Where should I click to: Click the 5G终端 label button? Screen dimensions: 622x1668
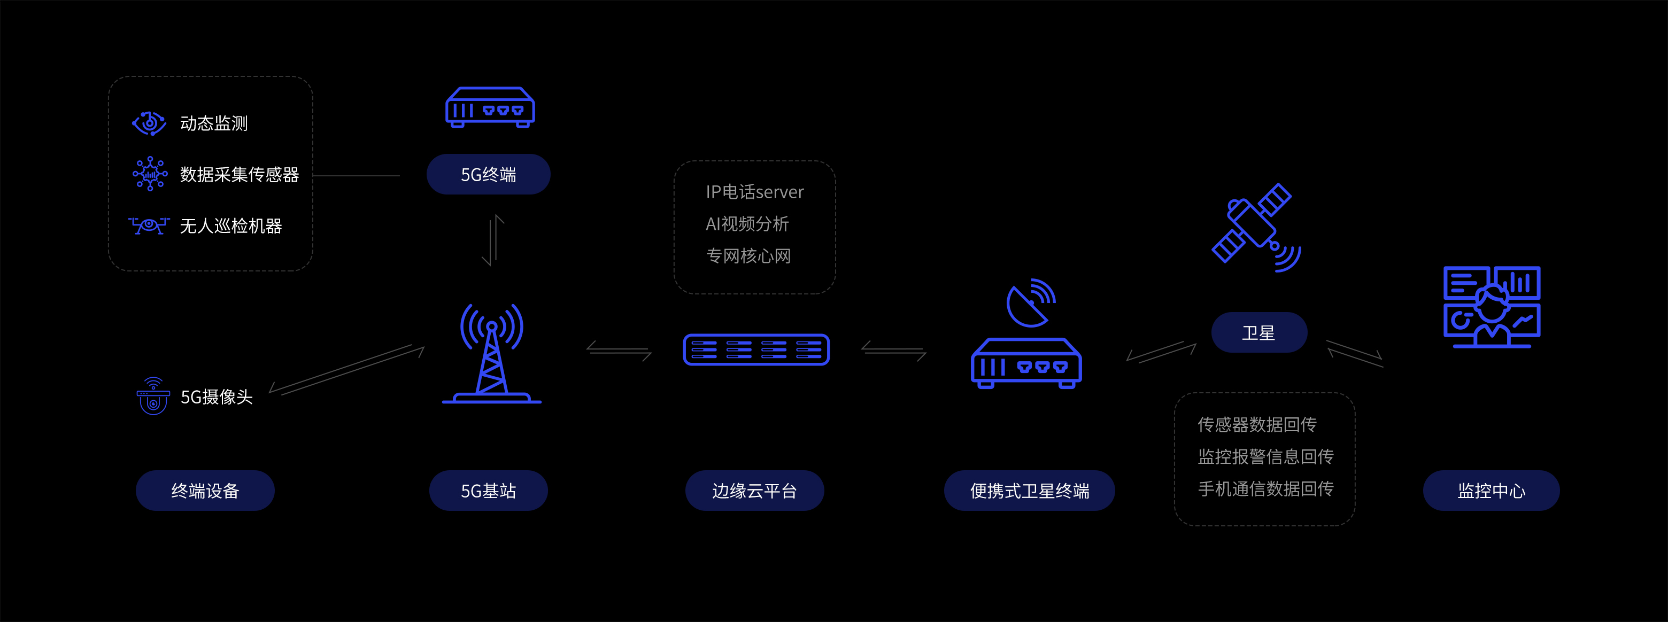488,174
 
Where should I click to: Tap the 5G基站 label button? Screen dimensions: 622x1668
488,491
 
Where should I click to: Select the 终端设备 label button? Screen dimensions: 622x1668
205,491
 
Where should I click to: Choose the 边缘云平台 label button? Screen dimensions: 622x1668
754,491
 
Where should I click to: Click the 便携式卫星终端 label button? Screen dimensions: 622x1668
1029,491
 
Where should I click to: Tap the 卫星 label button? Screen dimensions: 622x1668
1259,333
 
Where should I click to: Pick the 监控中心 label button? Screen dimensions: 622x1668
1491,491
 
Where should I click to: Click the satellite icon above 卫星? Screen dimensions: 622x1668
1255,226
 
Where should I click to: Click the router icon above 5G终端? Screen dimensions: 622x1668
490,107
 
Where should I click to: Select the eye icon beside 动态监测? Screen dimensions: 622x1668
149,122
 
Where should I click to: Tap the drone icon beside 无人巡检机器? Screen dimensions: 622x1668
149,226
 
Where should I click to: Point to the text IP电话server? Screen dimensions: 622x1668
754,192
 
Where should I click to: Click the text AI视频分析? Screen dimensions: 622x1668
747,224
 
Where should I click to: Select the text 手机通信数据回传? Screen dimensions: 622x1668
1265,488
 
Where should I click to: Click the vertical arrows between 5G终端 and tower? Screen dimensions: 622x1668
493,240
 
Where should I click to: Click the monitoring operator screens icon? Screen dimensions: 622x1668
1491,307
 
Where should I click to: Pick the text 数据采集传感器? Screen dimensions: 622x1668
239,174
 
